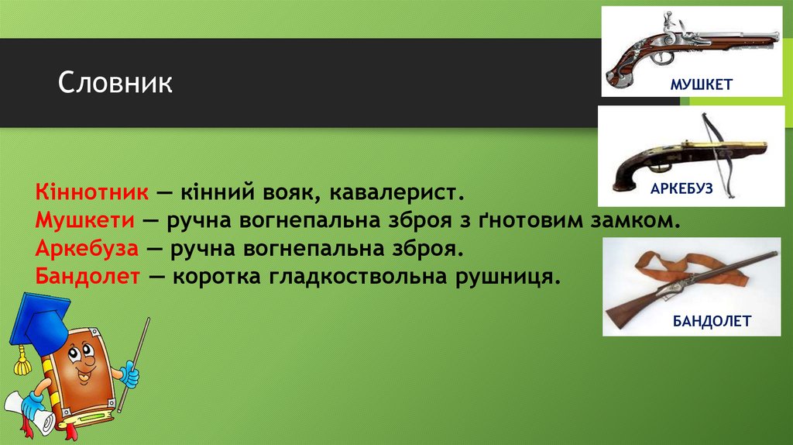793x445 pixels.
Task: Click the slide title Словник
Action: [x=116, y=83]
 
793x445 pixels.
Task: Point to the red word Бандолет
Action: [x=86, y=277]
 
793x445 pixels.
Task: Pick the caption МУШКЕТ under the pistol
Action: [x=702, y=84]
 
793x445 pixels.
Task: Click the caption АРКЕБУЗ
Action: [x=681, y=188]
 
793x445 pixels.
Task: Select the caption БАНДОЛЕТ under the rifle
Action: [x=711, y=321]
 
